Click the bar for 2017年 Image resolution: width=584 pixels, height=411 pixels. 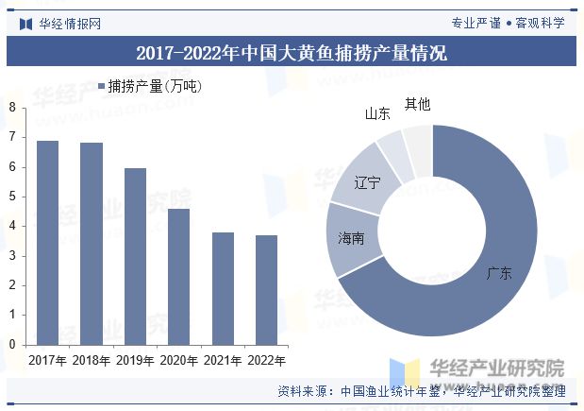(47, 243)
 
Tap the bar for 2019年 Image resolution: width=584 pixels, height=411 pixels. (136, 256)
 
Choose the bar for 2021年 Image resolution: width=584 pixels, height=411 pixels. (223, 288)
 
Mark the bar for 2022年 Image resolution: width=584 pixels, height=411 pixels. (267, 290)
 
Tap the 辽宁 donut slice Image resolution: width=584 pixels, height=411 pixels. (368, 184)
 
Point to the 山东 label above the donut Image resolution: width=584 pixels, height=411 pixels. (377, 113)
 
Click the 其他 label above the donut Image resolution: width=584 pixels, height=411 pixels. (417, 103)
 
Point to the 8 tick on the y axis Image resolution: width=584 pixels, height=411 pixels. (12, 108)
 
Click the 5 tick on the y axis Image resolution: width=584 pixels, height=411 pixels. (12, 197)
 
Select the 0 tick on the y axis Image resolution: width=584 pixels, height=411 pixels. (12, 345)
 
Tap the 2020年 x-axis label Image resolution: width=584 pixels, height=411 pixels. (178, 360)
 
